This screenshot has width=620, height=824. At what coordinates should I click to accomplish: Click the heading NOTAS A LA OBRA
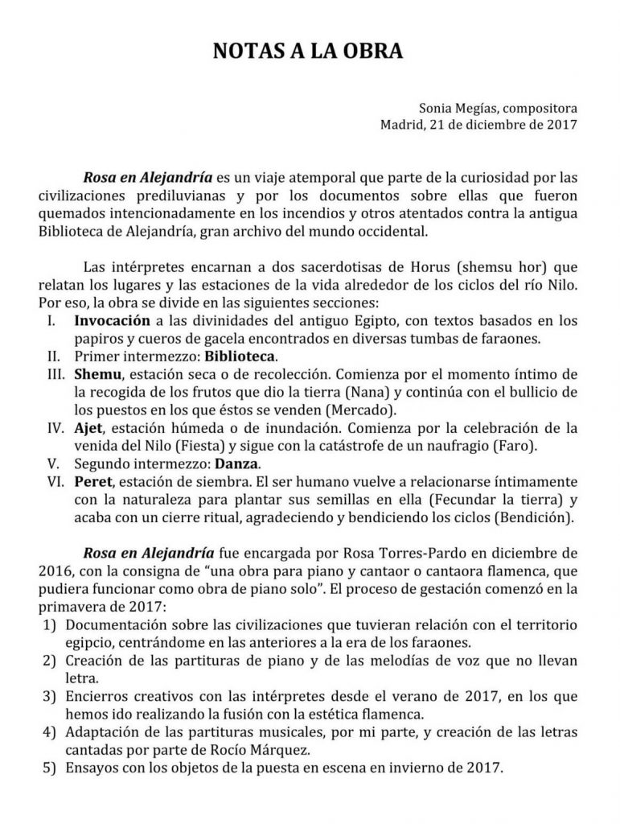tap(310, 52)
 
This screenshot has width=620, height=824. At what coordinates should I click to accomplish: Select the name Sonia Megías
tap(452, 107)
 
